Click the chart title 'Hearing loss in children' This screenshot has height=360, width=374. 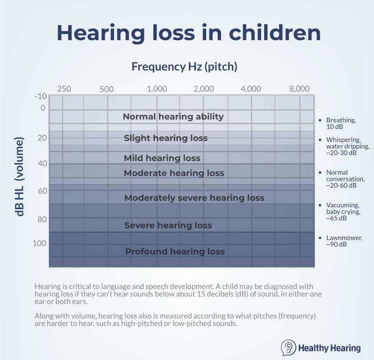pos(188,33)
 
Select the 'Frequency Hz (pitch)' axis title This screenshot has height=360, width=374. pos(184,66)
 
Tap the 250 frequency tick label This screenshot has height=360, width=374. pos(64,89)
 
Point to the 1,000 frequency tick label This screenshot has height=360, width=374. pos(157,89)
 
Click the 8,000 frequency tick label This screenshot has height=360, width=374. pos(300,89)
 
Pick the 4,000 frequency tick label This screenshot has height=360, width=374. pos(251,89)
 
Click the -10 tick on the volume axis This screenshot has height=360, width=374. pos(41,97)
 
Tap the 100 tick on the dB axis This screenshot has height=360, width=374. pos(40,243)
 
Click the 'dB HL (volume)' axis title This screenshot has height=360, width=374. pos(20,177)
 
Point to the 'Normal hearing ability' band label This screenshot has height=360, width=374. pos(173,117)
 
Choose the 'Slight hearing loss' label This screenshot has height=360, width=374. pos(165,138)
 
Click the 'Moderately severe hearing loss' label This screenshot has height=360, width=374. pos(194,198)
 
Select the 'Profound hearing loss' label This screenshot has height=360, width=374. pos(175,252)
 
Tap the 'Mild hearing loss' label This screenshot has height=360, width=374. pos(162,158)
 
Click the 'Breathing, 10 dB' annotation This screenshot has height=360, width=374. pos(341,123)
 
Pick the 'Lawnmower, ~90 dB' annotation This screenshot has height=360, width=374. pos(344,241)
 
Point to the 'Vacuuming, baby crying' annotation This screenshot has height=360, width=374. pos(343,212)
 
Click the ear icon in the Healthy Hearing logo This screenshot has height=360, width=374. pos(288,348)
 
